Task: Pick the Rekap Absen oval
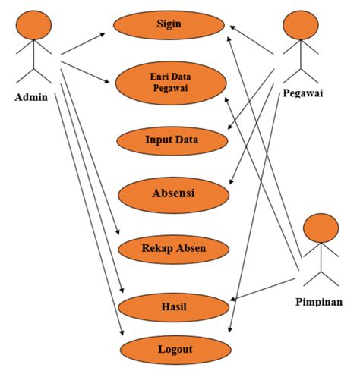[173, 247]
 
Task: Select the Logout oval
[175, 350]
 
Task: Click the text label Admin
[31, 97]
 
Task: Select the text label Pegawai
[303, 93]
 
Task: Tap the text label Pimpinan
[318, 301]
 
